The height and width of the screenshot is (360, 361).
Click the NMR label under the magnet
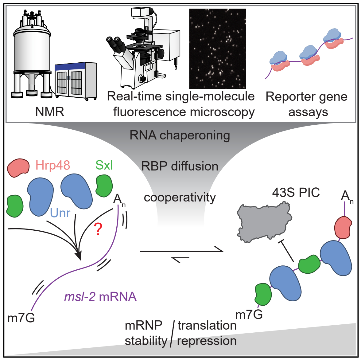(50, 112)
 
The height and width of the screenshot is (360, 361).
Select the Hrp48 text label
(53, 166)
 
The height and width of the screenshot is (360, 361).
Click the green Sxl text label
(104, 166)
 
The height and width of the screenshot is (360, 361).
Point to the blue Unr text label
(60, 213)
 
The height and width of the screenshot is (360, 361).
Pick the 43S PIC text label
(296, 193)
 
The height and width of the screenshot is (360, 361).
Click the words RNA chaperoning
(180, 135)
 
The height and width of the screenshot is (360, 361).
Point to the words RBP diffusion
(180, 166)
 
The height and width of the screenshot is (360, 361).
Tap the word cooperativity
(180, 197)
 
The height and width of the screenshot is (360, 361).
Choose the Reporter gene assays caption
(306, 104)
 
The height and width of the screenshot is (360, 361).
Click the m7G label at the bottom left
(21, 318)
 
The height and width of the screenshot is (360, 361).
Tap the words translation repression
(207, 333)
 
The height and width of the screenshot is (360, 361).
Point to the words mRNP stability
(146, 333)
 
